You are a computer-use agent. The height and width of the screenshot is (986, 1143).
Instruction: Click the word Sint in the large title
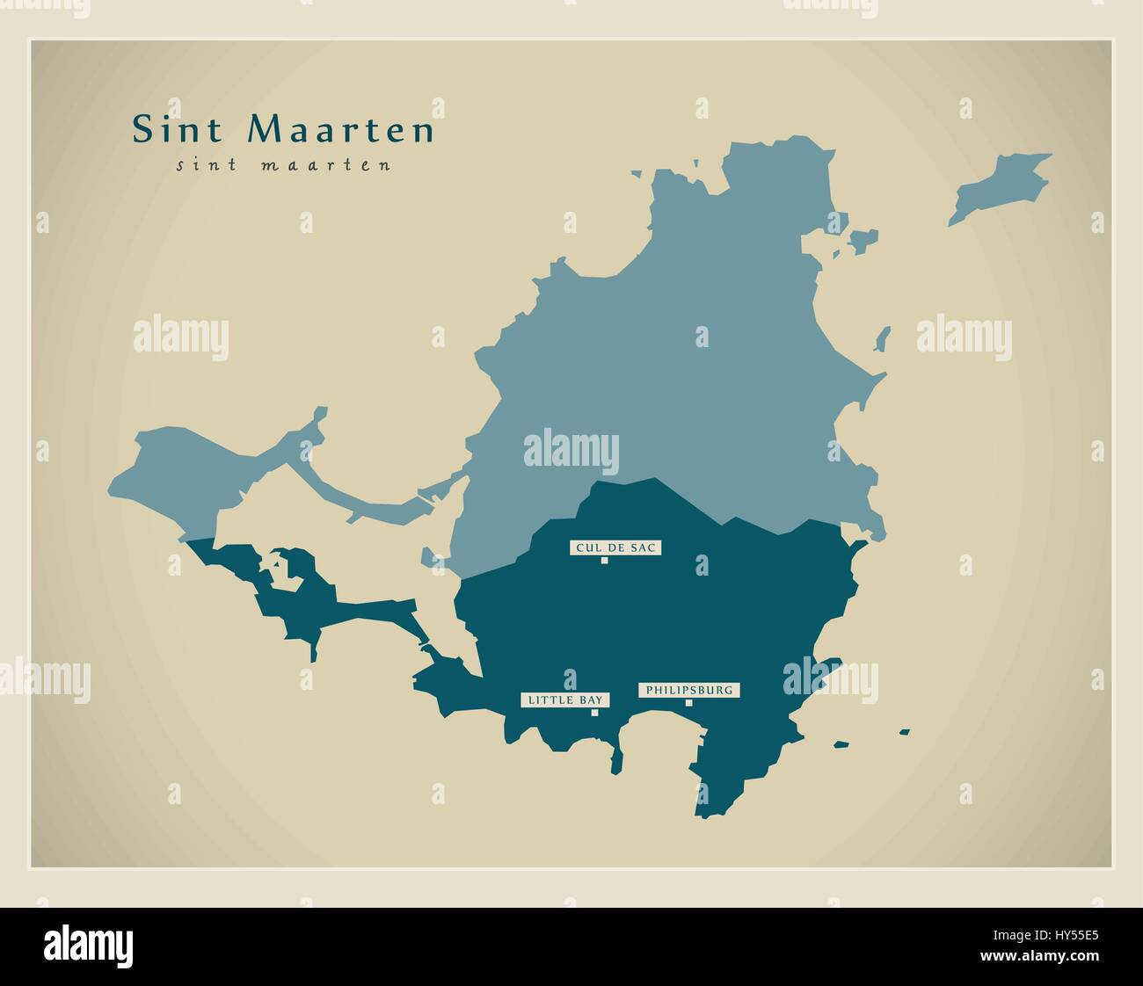tap(182, 130)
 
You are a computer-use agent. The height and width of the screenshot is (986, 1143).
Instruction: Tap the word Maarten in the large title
tap(341, 130)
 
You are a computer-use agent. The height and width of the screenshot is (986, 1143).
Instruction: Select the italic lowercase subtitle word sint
tap(207, 164)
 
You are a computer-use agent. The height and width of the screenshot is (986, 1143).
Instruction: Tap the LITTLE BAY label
tap(565, 700)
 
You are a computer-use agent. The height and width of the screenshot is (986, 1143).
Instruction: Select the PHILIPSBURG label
tap(688, 690)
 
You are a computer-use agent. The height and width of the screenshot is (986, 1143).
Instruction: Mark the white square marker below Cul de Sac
tap(604, 561)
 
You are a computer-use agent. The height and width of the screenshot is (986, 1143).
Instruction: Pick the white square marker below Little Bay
tap(594, 713)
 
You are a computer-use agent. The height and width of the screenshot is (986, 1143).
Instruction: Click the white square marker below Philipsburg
tap(688, 702)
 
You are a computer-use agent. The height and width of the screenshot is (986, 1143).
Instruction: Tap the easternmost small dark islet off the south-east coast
tap(904, 730)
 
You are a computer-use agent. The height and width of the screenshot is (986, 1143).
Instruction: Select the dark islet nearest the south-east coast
tap(841, 744)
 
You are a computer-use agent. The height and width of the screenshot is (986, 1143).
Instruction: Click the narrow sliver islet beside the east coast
tap(884, 338)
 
